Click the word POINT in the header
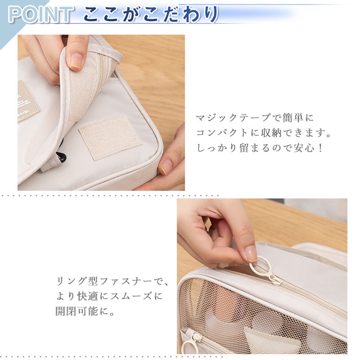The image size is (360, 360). click(x=40, y=14)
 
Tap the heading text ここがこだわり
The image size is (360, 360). click(x=150, y=14)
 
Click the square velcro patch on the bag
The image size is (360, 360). click(x=111, y=137)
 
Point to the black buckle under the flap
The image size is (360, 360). click(x=61, y=157)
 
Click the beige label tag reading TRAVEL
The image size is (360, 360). click(x=27, y=101)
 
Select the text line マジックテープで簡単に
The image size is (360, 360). click(x=255, y=118)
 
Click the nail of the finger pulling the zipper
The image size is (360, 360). click(x=250, y=253)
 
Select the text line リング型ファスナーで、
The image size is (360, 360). click(x=112, y=282)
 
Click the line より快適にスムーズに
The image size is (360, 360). click(x=108, y=297)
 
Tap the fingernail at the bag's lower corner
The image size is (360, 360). click(x=166, y=167)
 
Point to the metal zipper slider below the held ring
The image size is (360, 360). click(x=274, y=279)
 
